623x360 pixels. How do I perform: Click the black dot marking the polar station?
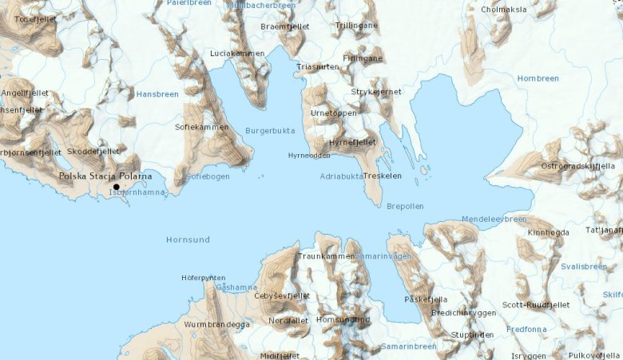[117, 186]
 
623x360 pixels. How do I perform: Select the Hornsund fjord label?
[188, 239]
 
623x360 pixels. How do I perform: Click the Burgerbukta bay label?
[270, 130]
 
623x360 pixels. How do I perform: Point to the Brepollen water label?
[405, 206]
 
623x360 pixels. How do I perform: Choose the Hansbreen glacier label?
[157, 94]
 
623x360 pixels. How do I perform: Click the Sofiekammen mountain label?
[201, 127]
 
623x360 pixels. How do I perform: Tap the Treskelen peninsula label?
[382, 176]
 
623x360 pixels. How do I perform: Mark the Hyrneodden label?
[309, 155]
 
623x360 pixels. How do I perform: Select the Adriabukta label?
[342, 176]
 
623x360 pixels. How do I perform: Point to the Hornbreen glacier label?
[538, 78]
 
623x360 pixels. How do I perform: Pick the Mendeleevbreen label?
[494, 219]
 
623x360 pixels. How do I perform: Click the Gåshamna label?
[236, 287]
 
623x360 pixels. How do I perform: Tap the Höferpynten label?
[203, 278]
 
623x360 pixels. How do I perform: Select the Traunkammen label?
[325, 256]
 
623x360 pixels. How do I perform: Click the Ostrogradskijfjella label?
[577, 166]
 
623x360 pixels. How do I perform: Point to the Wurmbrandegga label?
[216, 325]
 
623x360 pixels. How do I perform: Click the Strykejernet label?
[376, 92]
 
